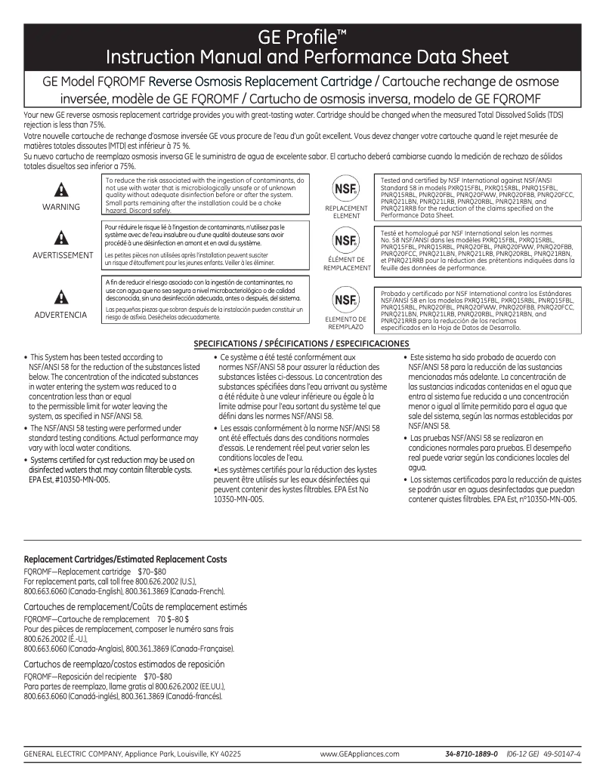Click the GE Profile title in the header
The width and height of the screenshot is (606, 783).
pos(302,37)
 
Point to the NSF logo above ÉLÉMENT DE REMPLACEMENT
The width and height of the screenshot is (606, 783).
pos(345,242)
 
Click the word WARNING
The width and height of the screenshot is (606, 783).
pos(61,207)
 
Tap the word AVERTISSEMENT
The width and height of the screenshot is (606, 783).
pos(63,255)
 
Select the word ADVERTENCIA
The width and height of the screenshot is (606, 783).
pos(61,314)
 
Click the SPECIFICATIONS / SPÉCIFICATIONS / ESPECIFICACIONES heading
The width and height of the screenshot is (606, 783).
pos(301,344)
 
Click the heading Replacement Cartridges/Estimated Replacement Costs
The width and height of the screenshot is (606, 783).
pos(125,560)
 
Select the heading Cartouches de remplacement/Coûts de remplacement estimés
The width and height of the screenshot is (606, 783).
pos(135,607)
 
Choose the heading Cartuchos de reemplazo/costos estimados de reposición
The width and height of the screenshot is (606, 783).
pos(125,664)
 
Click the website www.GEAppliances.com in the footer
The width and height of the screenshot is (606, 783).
pos(360,754)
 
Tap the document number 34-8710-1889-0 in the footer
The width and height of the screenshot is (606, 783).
pos(472,754)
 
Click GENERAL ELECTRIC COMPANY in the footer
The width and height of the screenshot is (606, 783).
pos(71,754)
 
